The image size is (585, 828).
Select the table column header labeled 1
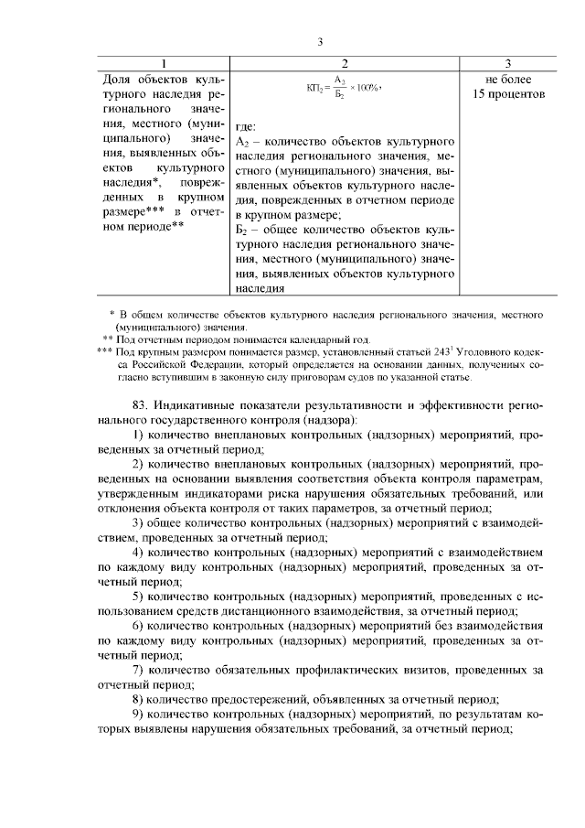point(164,63)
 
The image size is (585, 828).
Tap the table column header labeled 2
point(345,63)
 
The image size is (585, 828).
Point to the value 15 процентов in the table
point(509,93)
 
